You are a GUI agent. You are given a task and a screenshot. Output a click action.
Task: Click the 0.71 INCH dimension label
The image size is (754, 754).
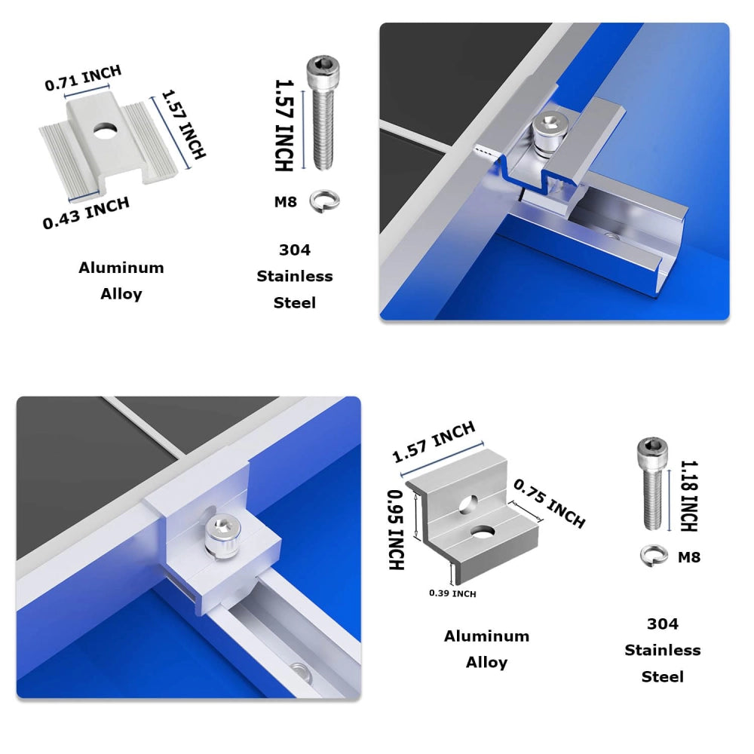point(83,78)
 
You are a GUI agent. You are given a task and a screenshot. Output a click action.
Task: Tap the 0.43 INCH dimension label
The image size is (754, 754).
point(86,212)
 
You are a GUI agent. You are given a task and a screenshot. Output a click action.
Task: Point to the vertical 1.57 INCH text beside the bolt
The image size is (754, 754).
point(284,125)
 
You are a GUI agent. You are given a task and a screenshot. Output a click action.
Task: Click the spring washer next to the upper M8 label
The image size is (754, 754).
point(326,201)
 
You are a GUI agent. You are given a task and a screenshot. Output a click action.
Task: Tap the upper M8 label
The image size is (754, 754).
point(285,201)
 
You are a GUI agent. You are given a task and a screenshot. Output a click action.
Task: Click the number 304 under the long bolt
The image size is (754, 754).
point(294,250)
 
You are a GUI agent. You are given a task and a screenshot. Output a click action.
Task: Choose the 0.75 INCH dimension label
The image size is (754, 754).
point(549,503)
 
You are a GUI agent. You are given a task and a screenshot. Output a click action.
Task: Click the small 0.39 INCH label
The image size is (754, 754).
point(452,594)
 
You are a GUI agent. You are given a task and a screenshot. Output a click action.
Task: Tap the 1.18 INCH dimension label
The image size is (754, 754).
point(688,496)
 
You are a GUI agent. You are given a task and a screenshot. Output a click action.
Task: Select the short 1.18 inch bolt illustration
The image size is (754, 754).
point(651,483)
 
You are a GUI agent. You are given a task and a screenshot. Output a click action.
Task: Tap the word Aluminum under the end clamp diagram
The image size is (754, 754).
point(486,636)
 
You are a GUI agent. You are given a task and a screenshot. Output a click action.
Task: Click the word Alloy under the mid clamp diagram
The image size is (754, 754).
point(121,294)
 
